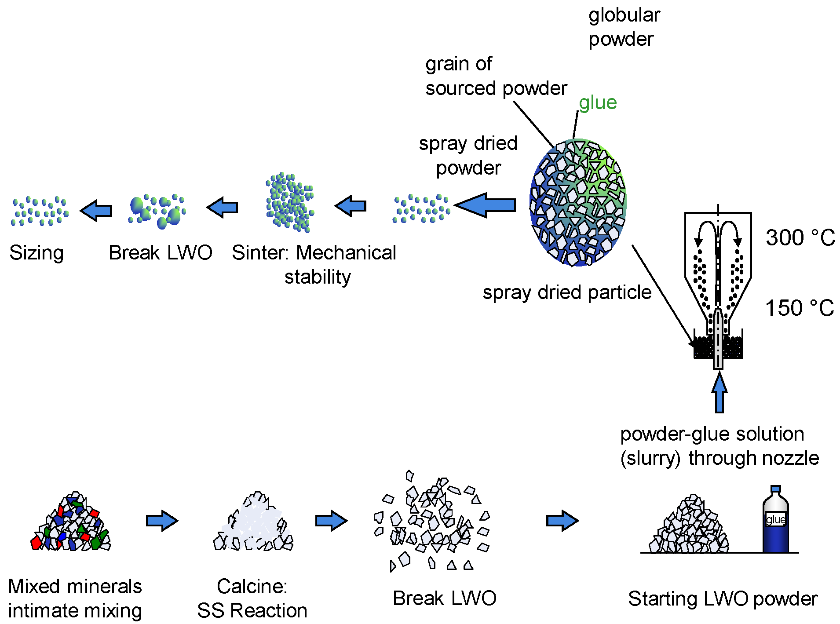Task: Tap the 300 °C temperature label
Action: (800, 238)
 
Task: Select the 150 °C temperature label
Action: (799, 308)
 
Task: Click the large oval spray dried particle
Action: (577, 203)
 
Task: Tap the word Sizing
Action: (37, 253)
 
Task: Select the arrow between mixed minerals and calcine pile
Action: (162, 521)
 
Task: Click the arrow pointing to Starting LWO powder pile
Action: (562, 521)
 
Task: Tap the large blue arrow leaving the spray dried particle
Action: (486, 205)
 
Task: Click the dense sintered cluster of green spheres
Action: (289, 202)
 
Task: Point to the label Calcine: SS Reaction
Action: (252, 598)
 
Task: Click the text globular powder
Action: (624, 27)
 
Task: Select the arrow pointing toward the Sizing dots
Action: (96, 211)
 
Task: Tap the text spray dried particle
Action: (566, 292)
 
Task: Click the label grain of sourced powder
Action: (495, 76)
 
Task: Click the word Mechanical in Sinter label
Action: (346, 253)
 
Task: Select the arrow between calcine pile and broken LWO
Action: (331, 521)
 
